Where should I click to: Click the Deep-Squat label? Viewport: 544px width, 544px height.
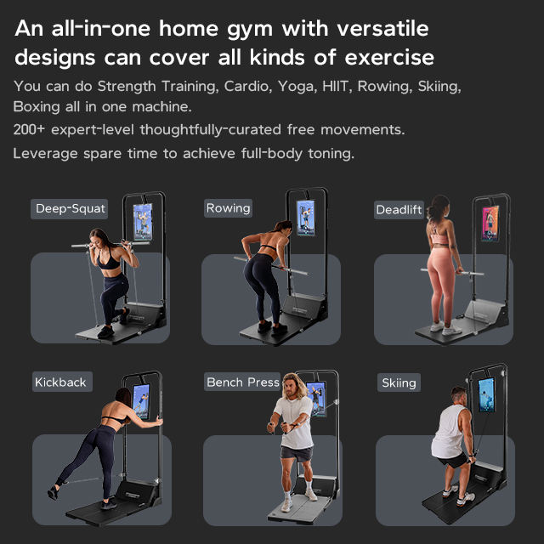[70, 209]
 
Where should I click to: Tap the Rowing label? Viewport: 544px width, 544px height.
[228, 208]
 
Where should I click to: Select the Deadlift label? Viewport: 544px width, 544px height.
[399, 210]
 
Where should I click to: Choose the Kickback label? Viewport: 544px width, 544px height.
[62, 382]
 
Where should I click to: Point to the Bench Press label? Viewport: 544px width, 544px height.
[242, 382]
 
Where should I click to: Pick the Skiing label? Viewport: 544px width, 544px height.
[399, 382]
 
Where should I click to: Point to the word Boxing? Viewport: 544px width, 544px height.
[37, 107]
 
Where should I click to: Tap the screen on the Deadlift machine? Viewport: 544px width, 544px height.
[490, 223]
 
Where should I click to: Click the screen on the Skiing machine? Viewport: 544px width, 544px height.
[486, 394]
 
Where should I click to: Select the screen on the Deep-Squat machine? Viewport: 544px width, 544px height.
[143, 222]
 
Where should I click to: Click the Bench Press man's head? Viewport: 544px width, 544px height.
[293, 385]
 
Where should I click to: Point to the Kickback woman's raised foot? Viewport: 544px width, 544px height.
[53, 492]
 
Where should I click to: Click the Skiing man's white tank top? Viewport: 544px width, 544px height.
[448, 433]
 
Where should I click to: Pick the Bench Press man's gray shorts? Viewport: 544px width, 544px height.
[297, 454]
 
